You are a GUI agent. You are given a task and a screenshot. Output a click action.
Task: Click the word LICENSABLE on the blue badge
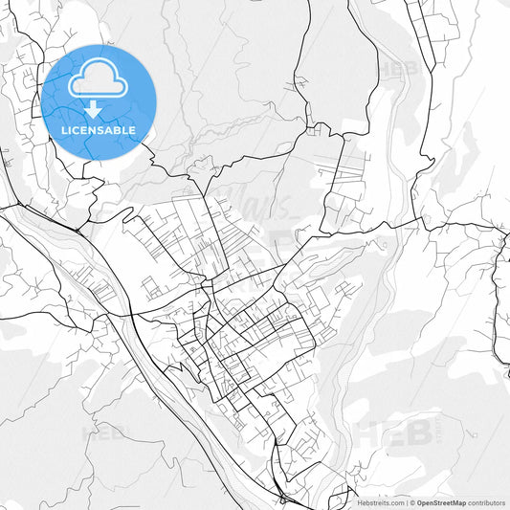(99, 130)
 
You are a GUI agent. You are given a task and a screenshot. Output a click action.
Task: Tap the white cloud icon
(99, 79)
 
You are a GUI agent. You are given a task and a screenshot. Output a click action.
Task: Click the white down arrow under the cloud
(94, 107)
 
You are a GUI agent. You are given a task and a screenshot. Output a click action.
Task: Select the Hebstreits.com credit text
(381, 502)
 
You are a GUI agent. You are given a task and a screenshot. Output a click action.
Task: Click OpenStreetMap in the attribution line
(440, 502)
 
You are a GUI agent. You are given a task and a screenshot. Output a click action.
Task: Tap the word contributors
(487, 502)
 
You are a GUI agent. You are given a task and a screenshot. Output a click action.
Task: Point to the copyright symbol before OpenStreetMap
(412, 502)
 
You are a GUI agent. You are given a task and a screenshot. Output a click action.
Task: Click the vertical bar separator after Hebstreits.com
(406, 502)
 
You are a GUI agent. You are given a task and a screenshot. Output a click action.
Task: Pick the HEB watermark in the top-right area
(398, 69)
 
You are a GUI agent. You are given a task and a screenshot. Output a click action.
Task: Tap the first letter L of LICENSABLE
(64, 130)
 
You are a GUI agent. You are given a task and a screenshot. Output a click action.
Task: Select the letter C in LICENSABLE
(77, 130)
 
